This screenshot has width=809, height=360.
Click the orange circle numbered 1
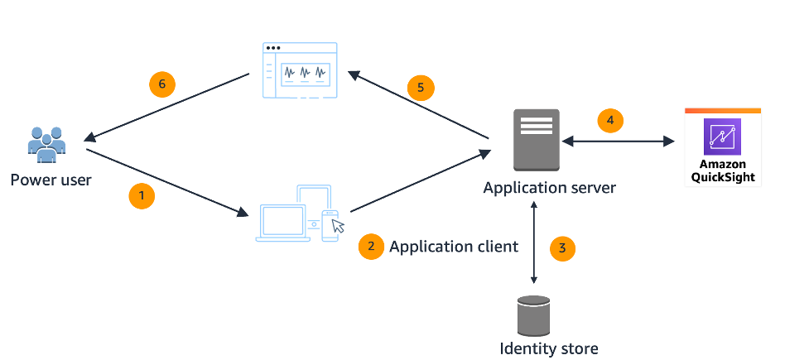click(x=142, y=196)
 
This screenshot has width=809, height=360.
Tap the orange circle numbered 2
click(x=371, y=246)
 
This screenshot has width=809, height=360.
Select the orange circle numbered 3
click(x=562, y=247)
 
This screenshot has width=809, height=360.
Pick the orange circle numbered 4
click(x=610, y=120)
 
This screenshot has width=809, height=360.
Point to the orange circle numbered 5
click(x=421, y=86)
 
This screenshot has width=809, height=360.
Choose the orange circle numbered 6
click(x=162, y=84)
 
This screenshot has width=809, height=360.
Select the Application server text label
click(x=549, y=188)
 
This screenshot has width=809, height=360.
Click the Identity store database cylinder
click(x=533, y=314)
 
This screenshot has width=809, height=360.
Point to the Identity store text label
click(x=548, y=348)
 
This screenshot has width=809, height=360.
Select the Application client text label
click(x=454, y=246)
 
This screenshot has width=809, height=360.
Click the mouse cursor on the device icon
click(x=337, y=225)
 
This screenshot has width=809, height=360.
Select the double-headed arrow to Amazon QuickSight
click(x=619, y=142)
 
